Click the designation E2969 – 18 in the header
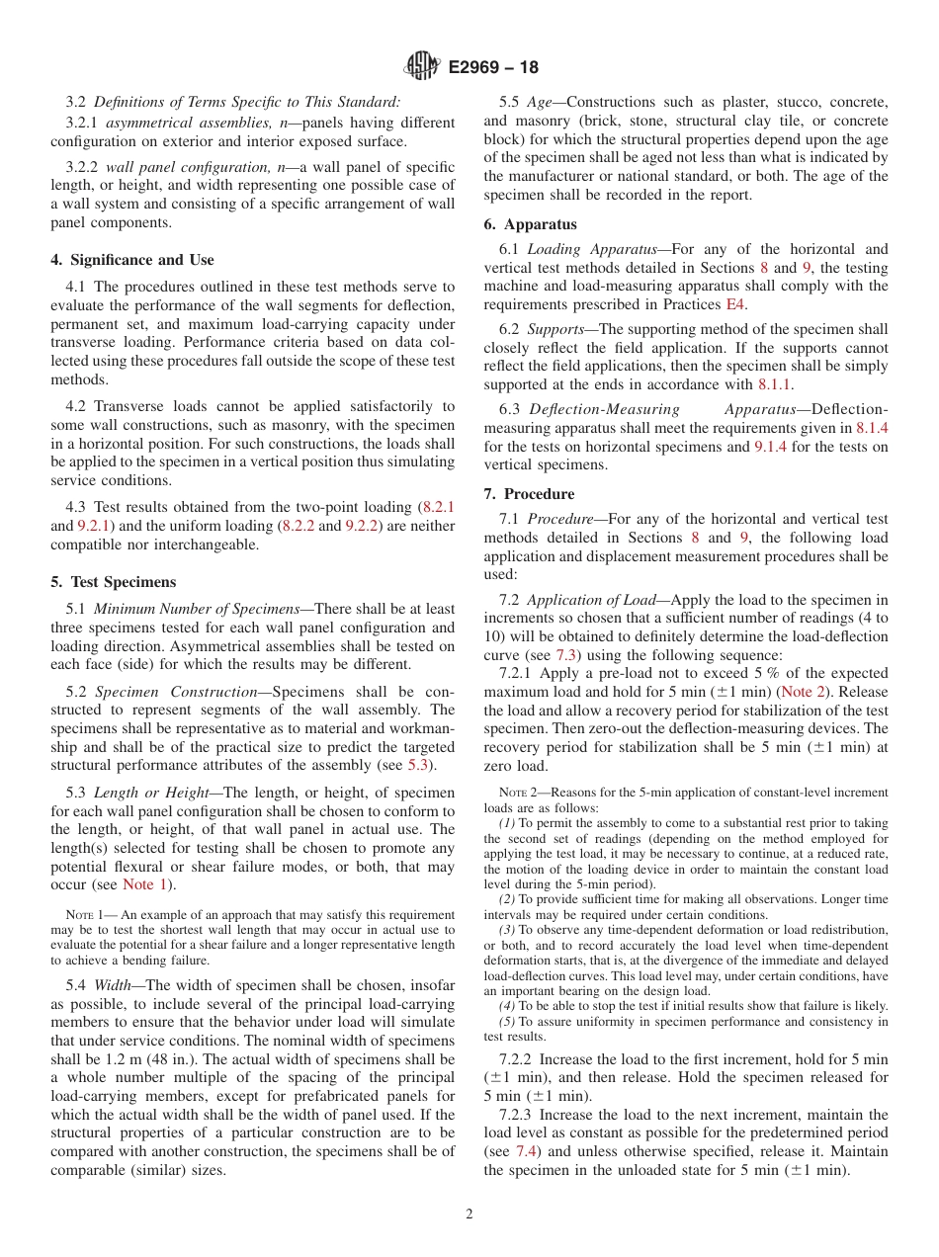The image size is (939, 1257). pyautogui.click(x=493, y=68)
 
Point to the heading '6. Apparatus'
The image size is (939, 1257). pyautogui.click(x=530, y=224)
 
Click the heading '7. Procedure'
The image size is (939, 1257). pyautogui.click(x=529, y=494)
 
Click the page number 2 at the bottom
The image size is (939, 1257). pyautogui.click(x=469, y=1215)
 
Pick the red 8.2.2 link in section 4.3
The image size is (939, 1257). pyautogui.click(x=297, y=526)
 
